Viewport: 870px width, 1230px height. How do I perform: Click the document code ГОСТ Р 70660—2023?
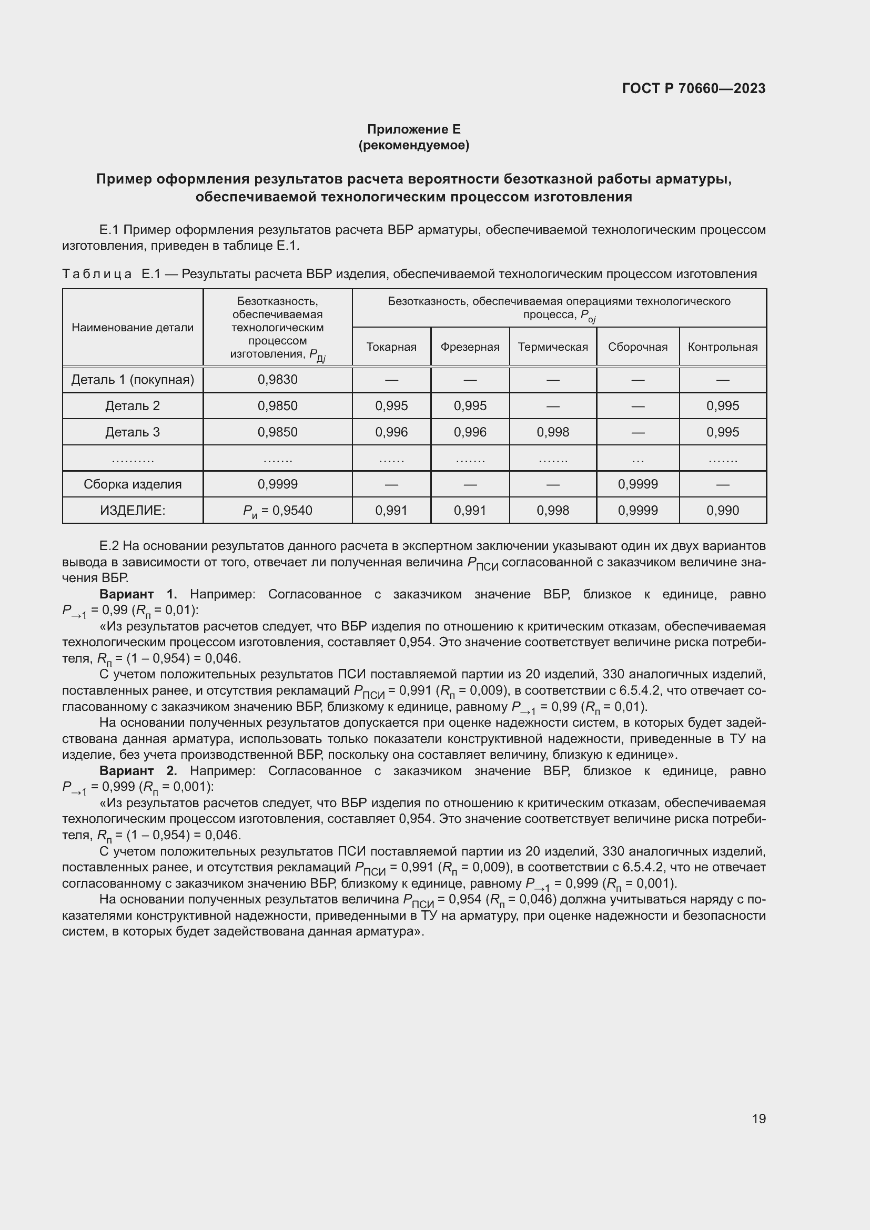(694, 88)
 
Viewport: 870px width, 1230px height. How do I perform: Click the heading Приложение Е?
(413, 129)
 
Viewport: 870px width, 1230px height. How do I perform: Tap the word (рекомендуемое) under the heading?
(413, 145)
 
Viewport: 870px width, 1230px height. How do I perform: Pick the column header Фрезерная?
(470, 347)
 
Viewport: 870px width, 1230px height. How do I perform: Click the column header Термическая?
(553, 347)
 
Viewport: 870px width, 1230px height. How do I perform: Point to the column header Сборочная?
(638, 347)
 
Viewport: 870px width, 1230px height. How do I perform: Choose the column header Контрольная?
(723, 347)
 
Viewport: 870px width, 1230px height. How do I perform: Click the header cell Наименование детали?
(133, 327)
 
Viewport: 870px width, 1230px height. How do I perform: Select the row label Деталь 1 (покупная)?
(133, 380)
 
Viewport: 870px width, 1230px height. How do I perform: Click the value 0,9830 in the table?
(278, 380)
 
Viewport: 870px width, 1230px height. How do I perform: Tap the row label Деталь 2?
(133, 405)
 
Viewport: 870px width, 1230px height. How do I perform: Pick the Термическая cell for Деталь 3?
(553, 432)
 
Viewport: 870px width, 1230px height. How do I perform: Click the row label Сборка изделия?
(133, 484)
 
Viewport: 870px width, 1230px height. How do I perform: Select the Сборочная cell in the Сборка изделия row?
(638, 484)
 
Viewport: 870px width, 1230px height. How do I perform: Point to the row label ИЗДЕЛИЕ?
(133, 511)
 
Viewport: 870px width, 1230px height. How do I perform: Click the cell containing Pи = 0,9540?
(278, 511)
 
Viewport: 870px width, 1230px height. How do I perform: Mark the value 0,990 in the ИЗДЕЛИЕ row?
(723, 511)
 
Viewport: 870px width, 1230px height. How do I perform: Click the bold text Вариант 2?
(138, 771)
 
